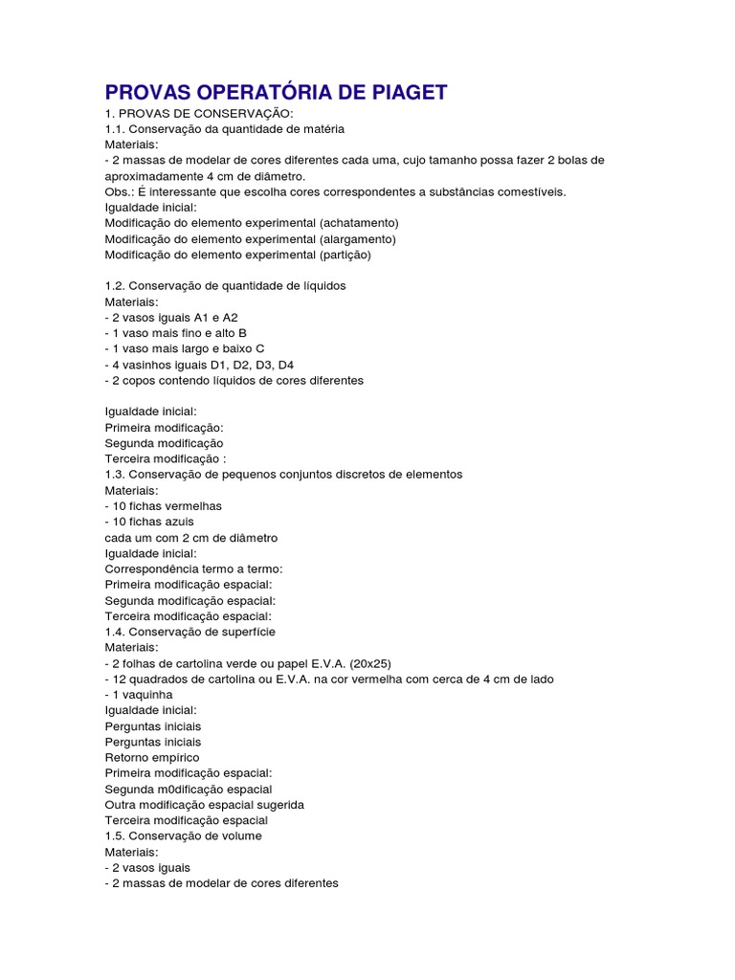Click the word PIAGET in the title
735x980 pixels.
(401, 93)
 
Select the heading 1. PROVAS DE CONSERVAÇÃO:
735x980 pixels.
(192, 113)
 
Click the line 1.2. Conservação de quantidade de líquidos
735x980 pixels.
(225, 286)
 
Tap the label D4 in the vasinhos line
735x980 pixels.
(285, 365)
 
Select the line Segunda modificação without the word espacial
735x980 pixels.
(164, 443)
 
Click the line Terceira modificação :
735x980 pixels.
(166, 459)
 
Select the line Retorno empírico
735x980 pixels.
(152, 757)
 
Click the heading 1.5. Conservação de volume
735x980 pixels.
(183, 835)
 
